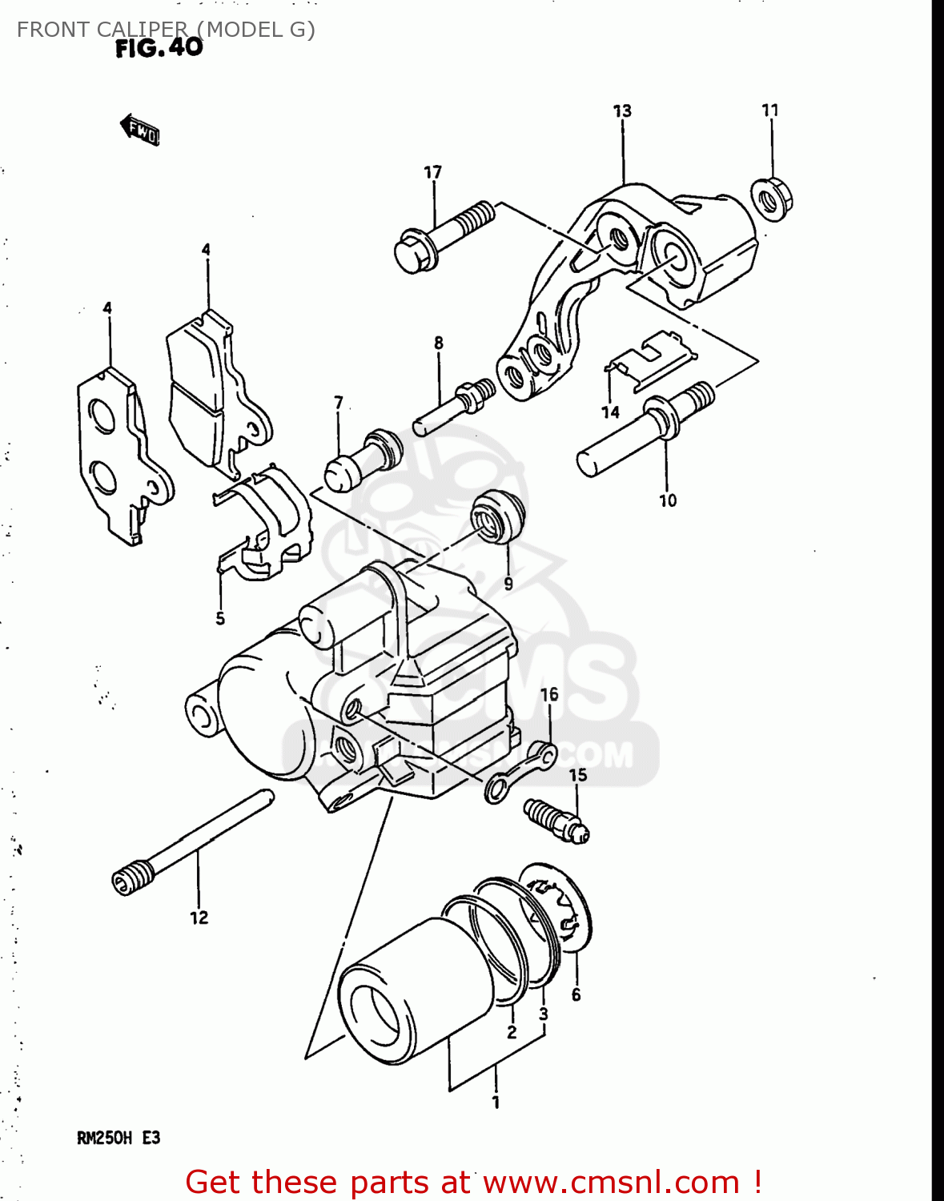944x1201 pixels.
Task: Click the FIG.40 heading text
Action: [159, 48]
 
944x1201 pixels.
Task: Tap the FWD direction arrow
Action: [140, 131]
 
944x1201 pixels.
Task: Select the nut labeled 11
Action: [772, 197]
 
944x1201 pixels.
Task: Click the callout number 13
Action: [622, 111]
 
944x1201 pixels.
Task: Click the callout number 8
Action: [439, 343]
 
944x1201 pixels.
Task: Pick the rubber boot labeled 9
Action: [497, 516]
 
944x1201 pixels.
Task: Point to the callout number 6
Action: [576, 995]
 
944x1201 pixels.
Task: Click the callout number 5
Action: [220, 619]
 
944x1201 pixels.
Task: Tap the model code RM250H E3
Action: [119, 1138]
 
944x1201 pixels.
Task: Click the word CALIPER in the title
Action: [141, 30]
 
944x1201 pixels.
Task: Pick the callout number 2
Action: [512, 1033]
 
